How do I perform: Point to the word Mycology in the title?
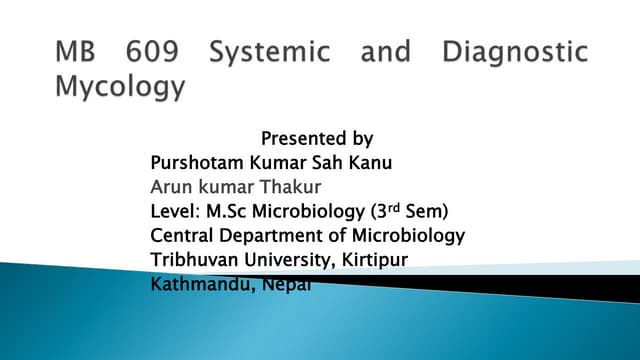(119, 87)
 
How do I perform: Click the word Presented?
(297, 138)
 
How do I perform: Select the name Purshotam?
(194, 162)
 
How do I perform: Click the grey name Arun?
(169, 186)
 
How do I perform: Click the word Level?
(173, 211)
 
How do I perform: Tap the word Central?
(181, 236)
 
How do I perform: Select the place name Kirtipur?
(378, 261)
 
